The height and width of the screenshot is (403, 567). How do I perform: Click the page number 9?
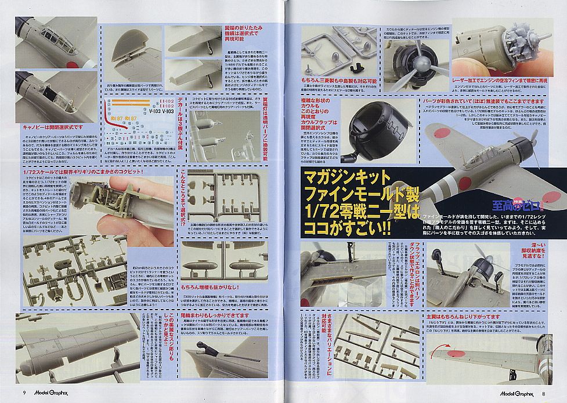click(x=24, y=393)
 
